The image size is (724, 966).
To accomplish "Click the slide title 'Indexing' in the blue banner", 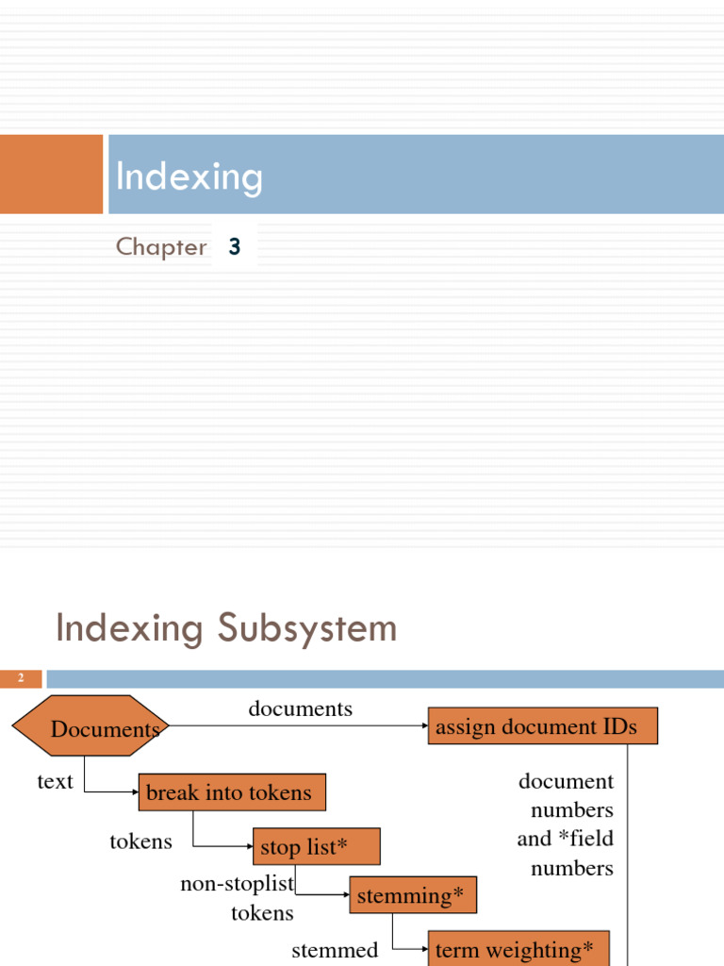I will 189,177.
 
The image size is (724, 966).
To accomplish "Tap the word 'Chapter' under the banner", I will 161,247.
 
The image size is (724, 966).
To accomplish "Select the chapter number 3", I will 235,247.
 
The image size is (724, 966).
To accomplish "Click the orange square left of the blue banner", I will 51,174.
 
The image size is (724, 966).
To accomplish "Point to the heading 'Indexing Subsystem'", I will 226,628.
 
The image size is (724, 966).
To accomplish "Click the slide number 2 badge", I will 21,678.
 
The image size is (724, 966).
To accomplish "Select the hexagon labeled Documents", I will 90,728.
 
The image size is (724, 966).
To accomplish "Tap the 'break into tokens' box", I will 232,792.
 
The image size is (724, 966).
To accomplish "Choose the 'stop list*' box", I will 316,847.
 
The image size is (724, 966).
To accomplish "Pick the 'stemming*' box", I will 413,895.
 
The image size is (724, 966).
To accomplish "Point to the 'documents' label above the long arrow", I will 300,708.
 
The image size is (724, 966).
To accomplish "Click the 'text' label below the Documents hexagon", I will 55,781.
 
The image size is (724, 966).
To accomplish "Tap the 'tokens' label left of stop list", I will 140,841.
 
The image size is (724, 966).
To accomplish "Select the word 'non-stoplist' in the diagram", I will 238,884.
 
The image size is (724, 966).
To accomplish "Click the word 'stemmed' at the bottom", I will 335,950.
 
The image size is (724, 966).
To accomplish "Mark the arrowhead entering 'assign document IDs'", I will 423,726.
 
